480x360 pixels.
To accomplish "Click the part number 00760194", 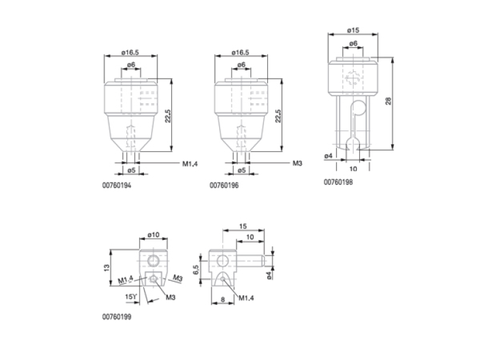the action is [x=117, y=186].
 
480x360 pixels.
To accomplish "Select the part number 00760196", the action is [x=224, y=186].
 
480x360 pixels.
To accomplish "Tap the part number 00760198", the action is [x=338, y=182].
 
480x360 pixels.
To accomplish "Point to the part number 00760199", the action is [x=117, y=317].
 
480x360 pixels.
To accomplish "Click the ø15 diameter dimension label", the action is [x=354, y=30].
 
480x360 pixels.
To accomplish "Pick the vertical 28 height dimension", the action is [x=388, y=101].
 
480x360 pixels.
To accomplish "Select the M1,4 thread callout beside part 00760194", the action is [x=190, y=163].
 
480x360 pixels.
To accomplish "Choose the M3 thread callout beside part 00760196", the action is [x=297, y=163].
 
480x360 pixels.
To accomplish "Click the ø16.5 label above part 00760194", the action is [x=130, y=53].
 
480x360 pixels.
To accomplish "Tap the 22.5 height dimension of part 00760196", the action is [x=278, y=116].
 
